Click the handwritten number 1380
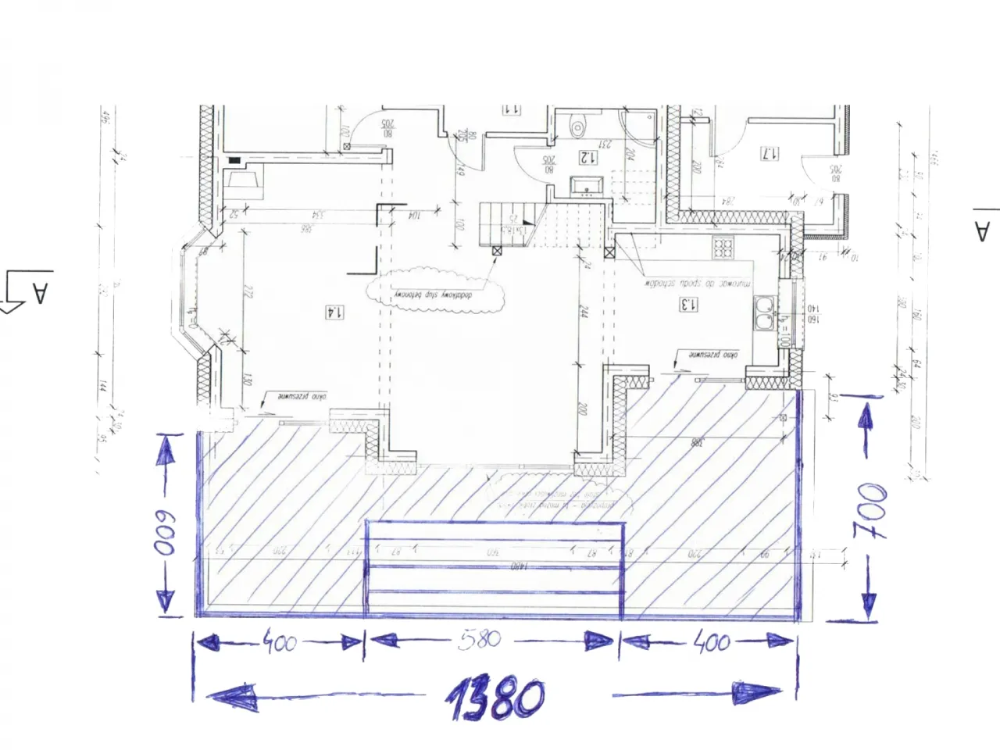click(x=495, y=698)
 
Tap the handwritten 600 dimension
click(x=164, y=534)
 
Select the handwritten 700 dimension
click(x=870, y=512)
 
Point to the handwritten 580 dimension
click(x=480, y=639)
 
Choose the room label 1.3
click(x=688, y=305)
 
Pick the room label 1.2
click(x=587, y=157)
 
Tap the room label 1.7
click(x=770, y=153)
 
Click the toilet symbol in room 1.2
click(x=578, y=125)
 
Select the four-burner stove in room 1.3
click(x=723, y=248)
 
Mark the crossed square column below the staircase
click(x=497, y=250)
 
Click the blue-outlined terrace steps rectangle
click(x=495, y=569)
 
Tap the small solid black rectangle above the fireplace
click(x=234, y=160)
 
